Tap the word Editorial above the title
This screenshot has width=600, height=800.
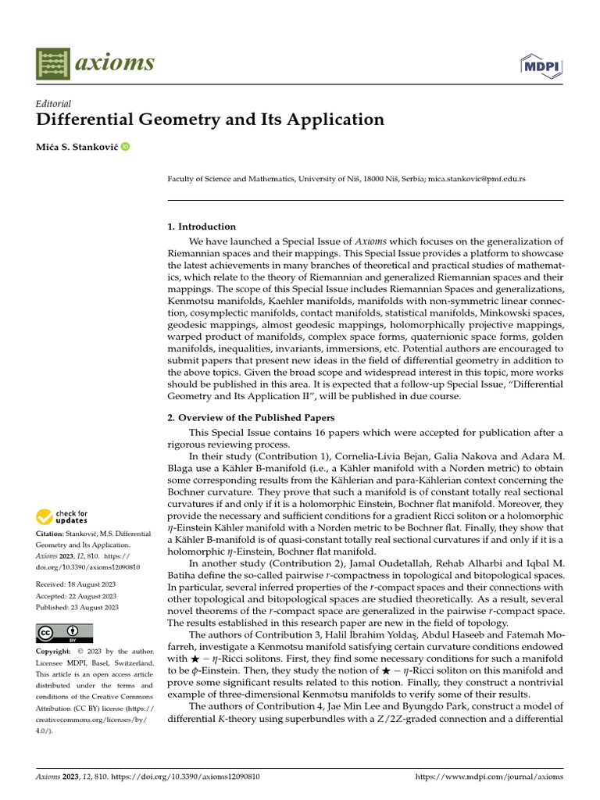[54, 103]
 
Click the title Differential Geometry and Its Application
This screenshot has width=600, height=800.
[210, 120]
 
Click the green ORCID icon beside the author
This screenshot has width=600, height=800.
[125, 146]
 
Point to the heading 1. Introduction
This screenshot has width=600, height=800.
[202, 227]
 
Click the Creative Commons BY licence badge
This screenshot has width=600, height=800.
[65, 632]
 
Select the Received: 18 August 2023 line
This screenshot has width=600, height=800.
[77, 584]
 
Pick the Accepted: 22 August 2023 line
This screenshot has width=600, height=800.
[77, 595]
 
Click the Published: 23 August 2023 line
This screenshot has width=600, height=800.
[77, 607]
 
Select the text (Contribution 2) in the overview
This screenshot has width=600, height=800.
[294, 563]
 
